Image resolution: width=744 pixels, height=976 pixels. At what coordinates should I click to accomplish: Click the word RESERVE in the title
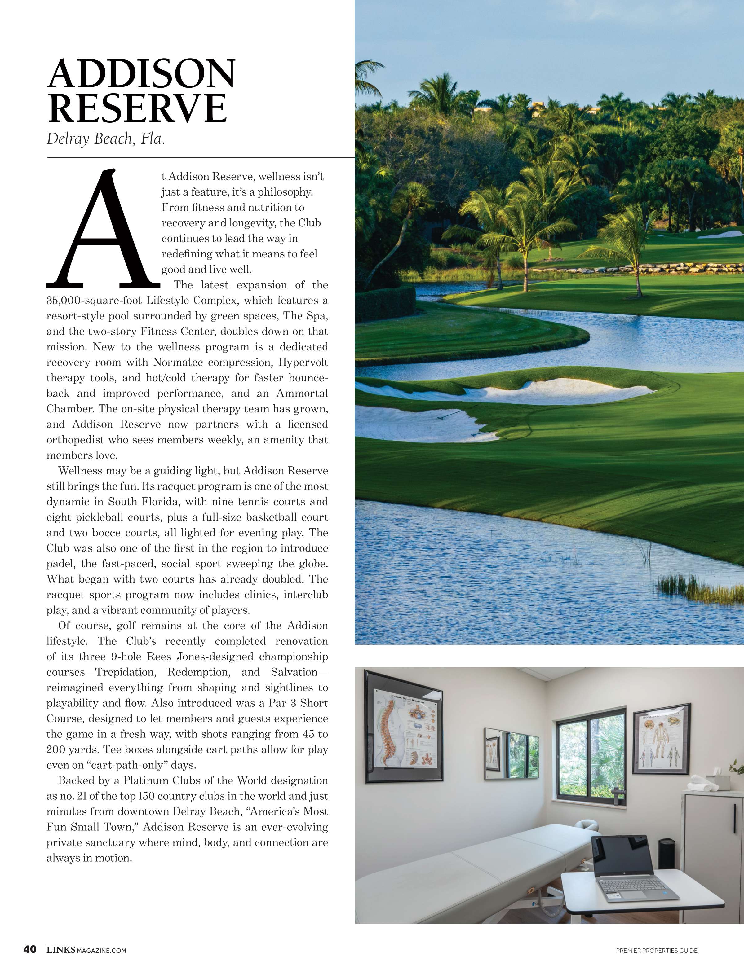tap(137, 108)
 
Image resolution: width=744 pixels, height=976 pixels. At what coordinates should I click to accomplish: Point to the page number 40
tap(30, 949)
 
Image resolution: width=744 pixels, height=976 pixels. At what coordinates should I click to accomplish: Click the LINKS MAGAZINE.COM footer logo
tap(86, 950)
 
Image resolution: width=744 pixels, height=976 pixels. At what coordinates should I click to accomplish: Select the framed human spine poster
tap(403, 726)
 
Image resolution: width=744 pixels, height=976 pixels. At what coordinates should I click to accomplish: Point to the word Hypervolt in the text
tap(303, 363)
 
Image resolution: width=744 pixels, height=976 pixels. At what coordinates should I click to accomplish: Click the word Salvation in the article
tap(294, 672)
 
